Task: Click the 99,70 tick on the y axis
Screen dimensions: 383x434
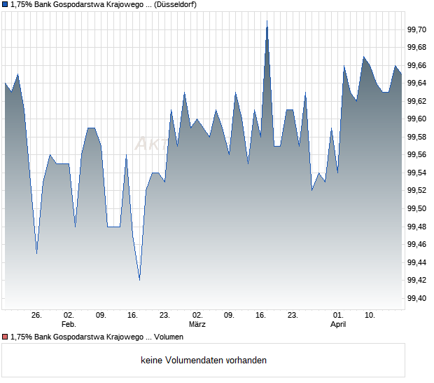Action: [x=417, y=29]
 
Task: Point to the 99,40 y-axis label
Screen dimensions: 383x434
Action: [x=417, y=298]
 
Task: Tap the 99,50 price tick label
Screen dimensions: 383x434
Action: [x=417, y=208]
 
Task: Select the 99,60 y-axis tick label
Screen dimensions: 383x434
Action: [x=417, y=119]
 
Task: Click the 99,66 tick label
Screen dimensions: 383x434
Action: [x=417, y=65]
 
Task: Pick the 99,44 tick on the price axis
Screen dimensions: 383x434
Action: [x=417, y=262]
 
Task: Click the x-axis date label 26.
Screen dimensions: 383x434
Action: [x=36, y=316]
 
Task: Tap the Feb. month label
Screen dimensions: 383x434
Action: [x=69, y=325]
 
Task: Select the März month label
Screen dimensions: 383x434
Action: [x=197, y=325]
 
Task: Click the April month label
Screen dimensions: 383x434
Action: [x=338, y=325]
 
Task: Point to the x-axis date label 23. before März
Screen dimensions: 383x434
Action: [x=164, y=316]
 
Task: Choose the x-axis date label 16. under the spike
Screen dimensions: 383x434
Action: [x=261, y=316]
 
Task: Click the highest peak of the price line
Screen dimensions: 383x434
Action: [x=267, y=22]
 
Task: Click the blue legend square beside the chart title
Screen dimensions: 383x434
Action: [x=5, y=5]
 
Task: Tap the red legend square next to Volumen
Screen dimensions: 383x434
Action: [x=5, y=337]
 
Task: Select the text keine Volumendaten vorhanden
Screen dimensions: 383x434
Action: [x=204, y=361]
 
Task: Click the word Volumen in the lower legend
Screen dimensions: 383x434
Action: [x=169, y=337]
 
